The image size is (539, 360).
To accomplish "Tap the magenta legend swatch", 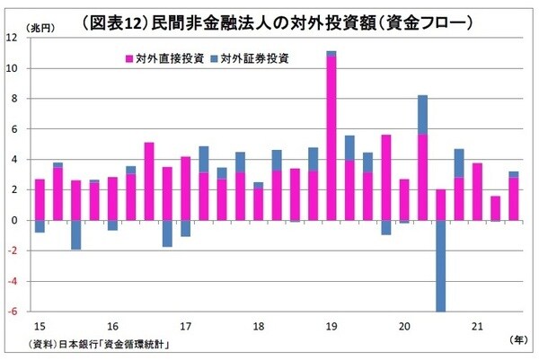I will point(128,59).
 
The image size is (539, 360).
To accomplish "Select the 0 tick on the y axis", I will point(15,220).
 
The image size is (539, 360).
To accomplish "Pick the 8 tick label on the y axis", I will point(15,99).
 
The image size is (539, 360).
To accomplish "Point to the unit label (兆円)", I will point(41,29).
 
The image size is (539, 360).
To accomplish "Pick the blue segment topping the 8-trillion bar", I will point(422,115).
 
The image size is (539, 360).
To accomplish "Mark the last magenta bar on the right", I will point(514,198).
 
